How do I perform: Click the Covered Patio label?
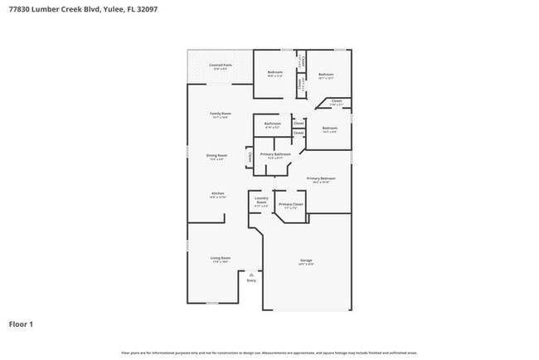pos(220,65)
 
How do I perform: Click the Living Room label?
pos(220,258)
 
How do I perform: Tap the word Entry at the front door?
pos(251,280)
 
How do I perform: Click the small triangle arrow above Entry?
pos(251,274)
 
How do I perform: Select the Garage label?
pos(306,261)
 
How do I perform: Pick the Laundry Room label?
pos(260,200)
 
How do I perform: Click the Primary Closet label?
pos(290,204)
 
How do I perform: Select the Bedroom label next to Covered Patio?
pos(275,73)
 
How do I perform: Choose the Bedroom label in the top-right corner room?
pos(326,75)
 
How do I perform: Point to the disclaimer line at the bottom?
pos(269,352)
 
